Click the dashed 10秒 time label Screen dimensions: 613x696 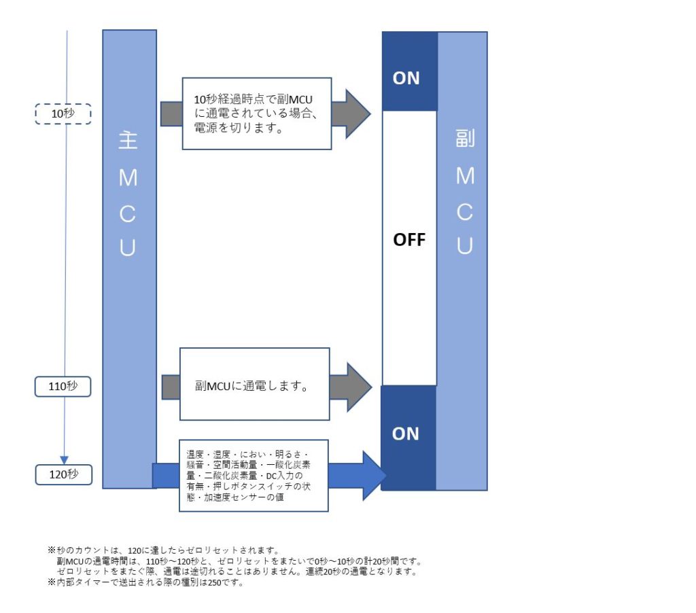63,113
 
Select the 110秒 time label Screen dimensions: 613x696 63,386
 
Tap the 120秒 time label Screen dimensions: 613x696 63,474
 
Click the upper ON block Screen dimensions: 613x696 406,78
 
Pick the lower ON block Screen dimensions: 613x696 406,434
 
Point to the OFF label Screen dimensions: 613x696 409,240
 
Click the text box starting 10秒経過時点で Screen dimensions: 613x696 256,113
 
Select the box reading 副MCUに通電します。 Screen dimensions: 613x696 254,384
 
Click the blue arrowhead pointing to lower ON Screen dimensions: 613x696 372,475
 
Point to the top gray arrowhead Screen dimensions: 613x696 355,113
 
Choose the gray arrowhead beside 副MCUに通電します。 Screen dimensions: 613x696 358,387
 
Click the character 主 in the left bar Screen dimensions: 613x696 128,141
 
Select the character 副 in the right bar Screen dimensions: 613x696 465,139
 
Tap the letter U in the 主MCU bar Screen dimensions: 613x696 128,248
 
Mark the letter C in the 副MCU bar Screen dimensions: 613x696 465,211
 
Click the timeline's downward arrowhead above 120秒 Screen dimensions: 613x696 65,459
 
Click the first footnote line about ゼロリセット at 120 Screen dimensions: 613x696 163,549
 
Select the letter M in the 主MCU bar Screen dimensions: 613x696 128,178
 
